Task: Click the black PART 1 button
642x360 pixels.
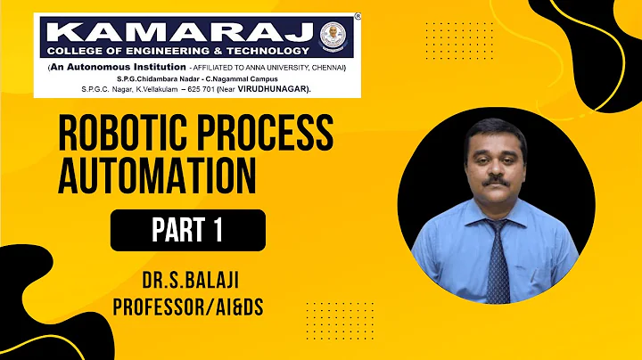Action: (187, 230)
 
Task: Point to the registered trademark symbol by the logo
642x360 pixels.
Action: (358, 17)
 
